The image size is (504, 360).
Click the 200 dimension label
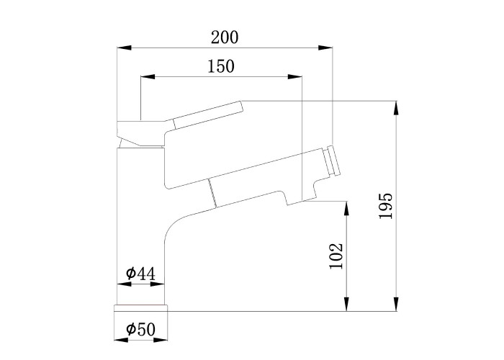tap(225, 37)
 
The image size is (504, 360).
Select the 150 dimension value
tap(221, 66)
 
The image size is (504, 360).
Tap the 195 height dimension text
tap(386, 206)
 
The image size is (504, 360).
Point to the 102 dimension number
tap(336, 256)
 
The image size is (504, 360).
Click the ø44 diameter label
tap(140, 274)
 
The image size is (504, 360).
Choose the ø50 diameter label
tap(140, 329)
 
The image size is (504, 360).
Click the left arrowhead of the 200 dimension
tap(124, 48)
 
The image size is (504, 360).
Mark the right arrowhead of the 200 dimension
tap(325, 48)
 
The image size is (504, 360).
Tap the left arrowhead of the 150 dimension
tap(148, 77)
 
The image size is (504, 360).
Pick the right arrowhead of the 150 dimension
tap(295, 77)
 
